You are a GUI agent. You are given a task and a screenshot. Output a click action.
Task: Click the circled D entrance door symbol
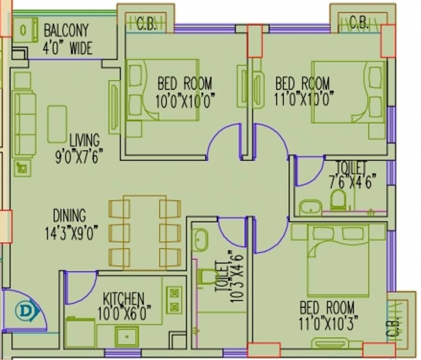[23, 310]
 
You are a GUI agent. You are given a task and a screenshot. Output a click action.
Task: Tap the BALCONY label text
[66, 31]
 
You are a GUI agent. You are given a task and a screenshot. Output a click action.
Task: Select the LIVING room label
[84, 140]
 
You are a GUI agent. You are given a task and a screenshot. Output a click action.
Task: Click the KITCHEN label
[123, 299]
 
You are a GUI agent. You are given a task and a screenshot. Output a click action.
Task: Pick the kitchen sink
[127, 336]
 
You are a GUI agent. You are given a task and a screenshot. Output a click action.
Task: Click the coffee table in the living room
[57, 124]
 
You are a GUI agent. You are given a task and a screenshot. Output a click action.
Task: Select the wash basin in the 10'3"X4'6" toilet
[200, 240]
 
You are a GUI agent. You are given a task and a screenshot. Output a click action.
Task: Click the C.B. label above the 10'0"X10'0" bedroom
[146, 24]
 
